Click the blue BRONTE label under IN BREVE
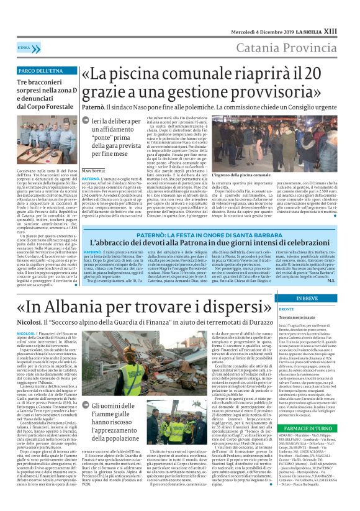[287, 308]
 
